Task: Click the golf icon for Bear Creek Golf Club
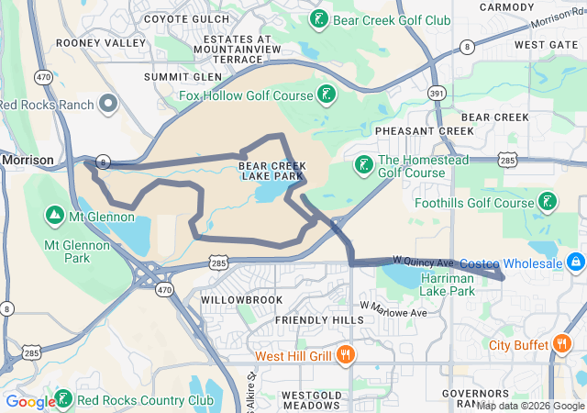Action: (319, 19)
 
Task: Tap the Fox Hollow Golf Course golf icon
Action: (326, 94)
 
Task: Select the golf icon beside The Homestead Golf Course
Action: (363, 164)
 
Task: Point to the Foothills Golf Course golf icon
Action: (548, 202)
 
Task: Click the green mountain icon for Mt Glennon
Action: (54, 217)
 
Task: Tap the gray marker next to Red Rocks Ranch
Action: (109, 104)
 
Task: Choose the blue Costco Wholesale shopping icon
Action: (576, 263)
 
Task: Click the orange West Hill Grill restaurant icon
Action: (346, 355)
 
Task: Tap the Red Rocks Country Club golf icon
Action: (63, 399)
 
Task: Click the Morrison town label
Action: (28, 160)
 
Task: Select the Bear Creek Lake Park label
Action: (271, 171)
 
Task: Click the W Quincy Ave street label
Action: (423, 262)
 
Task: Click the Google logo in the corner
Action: (30, 401)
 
